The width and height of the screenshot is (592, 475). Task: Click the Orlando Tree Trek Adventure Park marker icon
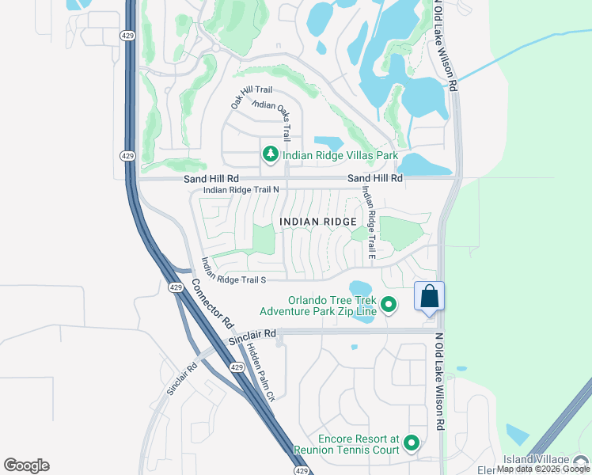(389, 304)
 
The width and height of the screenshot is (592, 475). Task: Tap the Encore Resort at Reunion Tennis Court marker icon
(411, 443)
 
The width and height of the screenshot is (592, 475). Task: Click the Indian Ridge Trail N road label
(241, 190)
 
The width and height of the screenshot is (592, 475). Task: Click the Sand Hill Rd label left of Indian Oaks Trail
(211, 179)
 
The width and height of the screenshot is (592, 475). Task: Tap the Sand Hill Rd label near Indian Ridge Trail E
(375, 179)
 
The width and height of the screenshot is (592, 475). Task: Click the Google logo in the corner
(26, 465)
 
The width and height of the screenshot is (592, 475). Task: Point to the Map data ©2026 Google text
(544, 469)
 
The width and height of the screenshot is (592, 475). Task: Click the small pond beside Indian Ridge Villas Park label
(328, 143)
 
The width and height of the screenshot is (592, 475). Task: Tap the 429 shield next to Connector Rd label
(176, 287)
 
